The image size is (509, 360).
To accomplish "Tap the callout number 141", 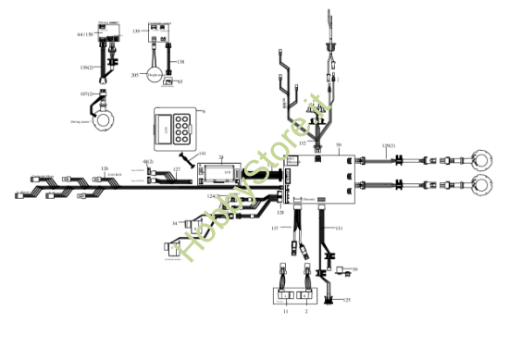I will click(202, 154).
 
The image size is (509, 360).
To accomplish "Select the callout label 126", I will click(105, 168).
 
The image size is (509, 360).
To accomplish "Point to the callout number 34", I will click(174, 223).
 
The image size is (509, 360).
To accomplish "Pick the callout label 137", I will click(274, 227).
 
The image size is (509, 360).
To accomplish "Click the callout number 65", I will click(180, 82).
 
